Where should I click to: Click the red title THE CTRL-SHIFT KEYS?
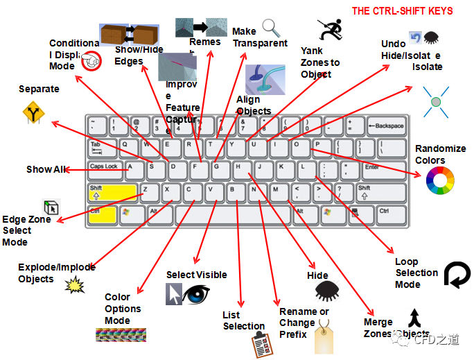pyautogui.click(x=402, y=11)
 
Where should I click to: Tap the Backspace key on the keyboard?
pyautogui.click(x=385, y=126)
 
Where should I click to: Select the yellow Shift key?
pyautogui.click(x=112, y=192)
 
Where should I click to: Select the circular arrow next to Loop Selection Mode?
pyautogui.click(x=456, y=274)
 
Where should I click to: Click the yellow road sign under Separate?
pyautogui.click(x=33, y=112)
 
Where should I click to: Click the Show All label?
pyautogui.click(x=46, y=169)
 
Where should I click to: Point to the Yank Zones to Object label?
pyautogui.click(x=319, y=62)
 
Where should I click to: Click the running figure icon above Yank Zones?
pyautogui.click(x=330, y=29)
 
